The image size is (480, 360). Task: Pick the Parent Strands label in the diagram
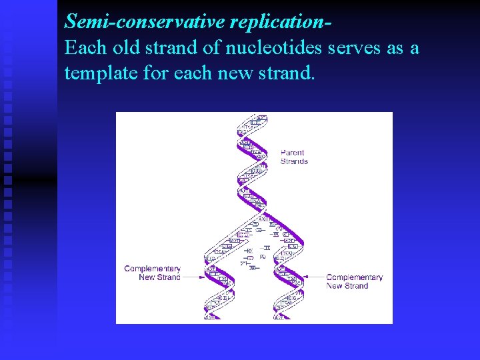click(294, 157)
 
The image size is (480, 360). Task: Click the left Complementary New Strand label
click(152, 273)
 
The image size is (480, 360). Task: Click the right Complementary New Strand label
click(354, 281)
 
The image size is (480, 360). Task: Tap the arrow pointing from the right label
click(313, 277)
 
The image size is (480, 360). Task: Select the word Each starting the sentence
click(80, 49)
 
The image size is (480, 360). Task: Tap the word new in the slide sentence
click(235, 73)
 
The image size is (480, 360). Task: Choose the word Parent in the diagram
click(292, 153)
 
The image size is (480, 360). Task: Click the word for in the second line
click(155, 73)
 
